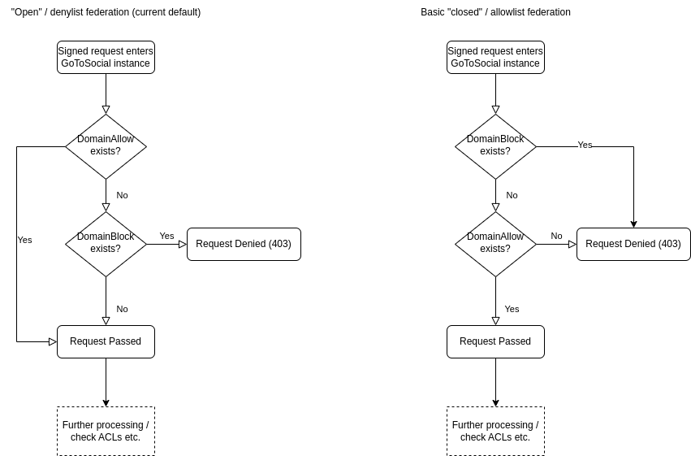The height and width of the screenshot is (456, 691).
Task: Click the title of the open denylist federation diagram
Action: [x=106, y=12]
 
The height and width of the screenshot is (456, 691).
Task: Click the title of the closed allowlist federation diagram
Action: [x=495, y=12]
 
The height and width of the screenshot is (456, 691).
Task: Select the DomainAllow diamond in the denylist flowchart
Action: [x=106, y=146]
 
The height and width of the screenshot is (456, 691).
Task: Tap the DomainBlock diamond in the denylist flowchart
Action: [x=106, y=244]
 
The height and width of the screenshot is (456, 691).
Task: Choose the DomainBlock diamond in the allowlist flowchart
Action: [x=495, y=146]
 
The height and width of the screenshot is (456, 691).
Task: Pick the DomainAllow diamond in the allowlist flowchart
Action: [x=495, y=244]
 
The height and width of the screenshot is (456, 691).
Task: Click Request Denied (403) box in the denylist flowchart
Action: [x=244, y=244]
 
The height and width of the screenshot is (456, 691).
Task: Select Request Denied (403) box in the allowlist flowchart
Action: [x=633, y=244]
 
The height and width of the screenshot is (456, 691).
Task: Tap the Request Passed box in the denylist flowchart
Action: [x=106, y=341]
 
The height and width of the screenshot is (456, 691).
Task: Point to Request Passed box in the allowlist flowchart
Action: [x=495, y=341]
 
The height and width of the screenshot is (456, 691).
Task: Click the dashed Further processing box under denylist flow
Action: [x=106, y=431]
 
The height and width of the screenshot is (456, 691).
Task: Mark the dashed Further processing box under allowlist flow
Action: [x=495, y=431]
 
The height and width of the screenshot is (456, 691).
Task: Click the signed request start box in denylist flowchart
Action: [x=106, y=57]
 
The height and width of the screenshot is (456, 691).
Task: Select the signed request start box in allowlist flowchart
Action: [x=495, y=57]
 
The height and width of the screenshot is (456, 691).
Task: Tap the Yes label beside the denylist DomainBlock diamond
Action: [x=166, y=236]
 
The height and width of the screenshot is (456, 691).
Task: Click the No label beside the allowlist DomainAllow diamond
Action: [x=556, y=236]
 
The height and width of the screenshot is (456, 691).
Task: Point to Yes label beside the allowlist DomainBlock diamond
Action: [x=585, y=145]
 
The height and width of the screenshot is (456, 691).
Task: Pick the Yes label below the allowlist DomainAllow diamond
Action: [x=512, y=309]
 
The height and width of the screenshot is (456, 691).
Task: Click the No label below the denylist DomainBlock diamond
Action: [x=122, y=309]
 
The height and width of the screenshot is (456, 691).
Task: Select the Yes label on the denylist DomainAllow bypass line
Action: [x=24, y=240]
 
